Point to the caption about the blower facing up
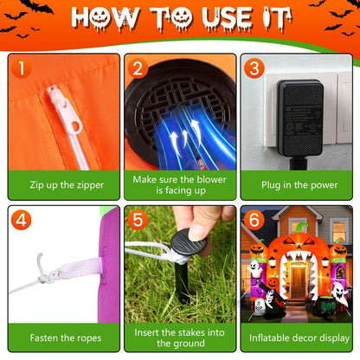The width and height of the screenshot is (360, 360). click(x=179, y=184)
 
